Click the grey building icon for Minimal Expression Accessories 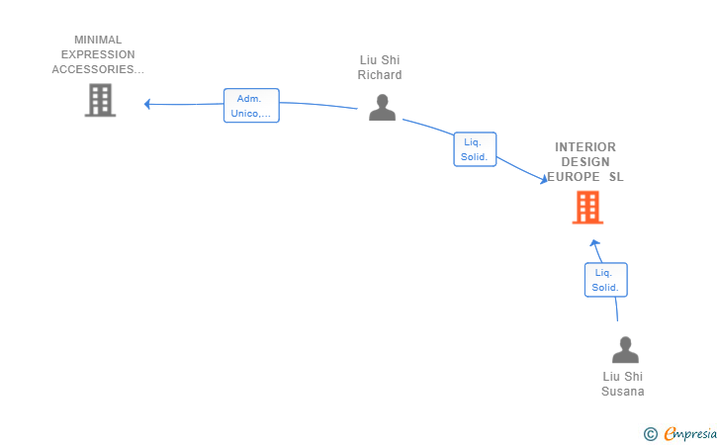(x=100, y=100)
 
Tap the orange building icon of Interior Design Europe (x=587, y=208)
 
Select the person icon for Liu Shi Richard (x=382, y=107)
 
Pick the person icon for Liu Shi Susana (x=625, y=350)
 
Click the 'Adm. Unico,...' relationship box (x=251, y=106)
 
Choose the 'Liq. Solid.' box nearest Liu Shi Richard (x=475, y=149)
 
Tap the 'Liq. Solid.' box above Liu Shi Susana (x=605, y=280)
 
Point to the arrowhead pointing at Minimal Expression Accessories (x=147, y=104)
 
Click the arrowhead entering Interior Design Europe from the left (x=543, y=179)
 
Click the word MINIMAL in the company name (x=98, y=41)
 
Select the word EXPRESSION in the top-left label (x=98, y=54)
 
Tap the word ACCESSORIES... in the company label (x=98, y=69)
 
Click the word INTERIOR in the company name (x=585, y=147)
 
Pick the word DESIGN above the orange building (x=585, y=162)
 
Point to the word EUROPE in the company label (x=575, y=177)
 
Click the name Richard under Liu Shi (x=380, y=75)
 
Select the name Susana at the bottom (x=623, y=391)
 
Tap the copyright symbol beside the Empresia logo (x=651, y=433)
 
